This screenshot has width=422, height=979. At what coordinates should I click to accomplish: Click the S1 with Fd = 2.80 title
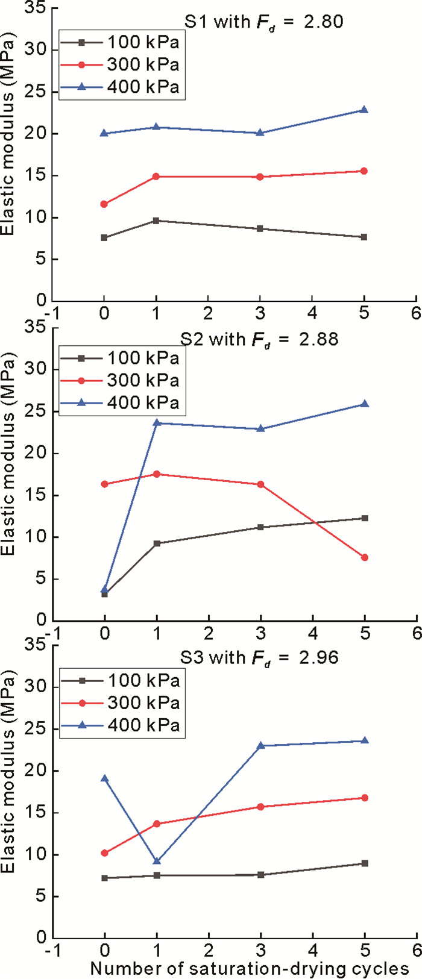pyautogui.click(x=263, y=22)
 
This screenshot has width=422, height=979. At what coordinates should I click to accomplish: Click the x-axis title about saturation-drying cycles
pyautogui.click(x=250, y=968)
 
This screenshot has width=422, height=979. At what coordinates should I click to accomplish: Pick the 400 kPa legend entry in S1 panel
pyautogui.click(x=143, y=87)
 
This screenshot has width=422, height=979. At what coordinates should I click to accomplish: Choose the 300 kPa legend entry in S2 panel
pyautogui.click(x=143, y=381)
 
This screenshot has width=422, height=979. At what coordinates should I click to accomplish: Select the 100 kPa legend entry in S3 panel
pyautogui.click(x=143, y=681)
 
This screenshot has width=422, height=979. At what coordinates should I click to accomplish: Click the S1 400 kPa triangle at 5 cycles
pyautogui.click(x=364, y=110)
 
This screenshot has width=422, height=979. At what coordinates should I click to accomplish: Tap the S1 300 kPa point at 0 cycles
pyautogui.click(x=104, y=204)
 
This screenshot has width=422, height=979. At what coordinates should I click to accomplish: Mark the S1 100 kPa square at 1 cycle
pyautogui.click(x=156, y=221)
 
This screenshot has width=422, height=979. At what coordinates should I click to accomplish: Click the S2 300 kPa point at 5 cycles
pyautogui.click(x=365, y=557)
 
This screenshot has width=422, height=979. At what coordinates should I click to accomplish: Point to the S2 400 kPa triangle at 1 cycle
pyautogui.click(x=156, y=422)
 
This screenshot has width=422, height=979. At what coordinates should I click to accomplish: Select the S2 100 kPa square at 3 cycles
pyautogui.click(x=260, y=527)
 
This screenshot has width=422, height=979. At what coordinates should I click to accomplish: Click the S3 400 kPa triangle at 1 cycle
pyautogui.click(x=156, y=861)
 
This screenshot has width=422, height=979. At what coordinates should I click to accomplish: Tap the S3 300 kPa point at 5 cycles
pyautogui.click(x=365, y=798)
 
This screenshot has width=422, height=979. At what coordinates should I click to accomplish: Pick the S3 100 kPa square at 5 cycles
pyautogui.click(x=365, y=863)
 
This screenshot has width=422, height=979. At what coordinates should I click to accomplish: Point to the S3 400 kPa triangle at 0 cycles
pyautogui.click(x=104, y=778)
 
